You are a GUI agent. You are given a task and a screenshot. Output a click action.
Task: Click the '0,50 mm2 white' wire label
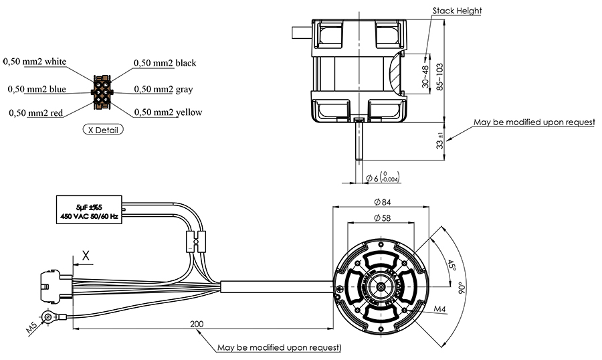35,62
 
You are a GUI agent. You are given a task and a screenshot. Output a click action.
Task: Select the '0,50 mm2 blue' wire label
37,89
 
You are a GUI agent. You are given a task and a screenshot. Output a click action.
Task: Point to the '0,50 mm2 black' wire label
165,63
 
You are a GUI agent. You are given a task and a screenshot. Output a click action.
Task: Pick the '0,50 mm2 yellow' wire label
168,112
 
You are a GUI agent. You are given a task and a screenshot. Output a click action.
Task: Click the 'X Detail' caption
103,130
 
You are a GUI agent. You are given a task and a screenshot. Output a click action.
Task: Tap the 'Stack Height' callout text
457,11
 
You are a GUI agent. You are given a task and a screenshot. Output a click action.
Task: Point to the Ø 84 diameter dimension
381,201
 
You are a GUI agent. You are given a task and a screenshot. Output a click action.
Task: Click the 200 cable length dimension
197,324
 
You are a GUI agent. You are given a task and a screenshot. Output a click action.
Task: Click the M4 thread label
439,309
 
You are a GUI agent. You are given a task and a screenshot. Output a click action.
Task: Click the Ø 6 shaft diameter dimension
380,177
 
